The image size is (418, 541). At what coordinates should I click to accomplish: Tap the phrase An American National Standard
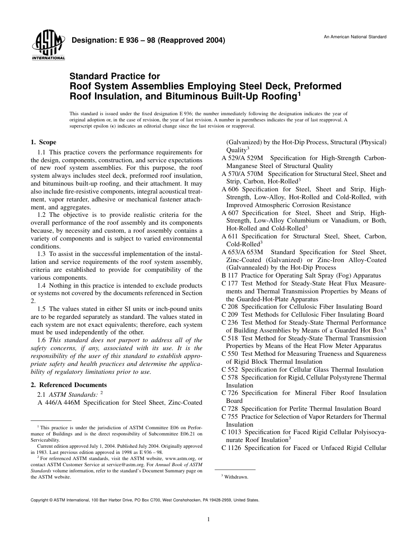[355, 37]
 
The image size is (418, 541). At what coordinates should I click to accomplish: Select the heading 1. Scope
[43, 142]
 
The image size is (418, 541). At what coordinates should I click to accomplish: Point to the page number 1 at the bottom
[209, 519]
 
